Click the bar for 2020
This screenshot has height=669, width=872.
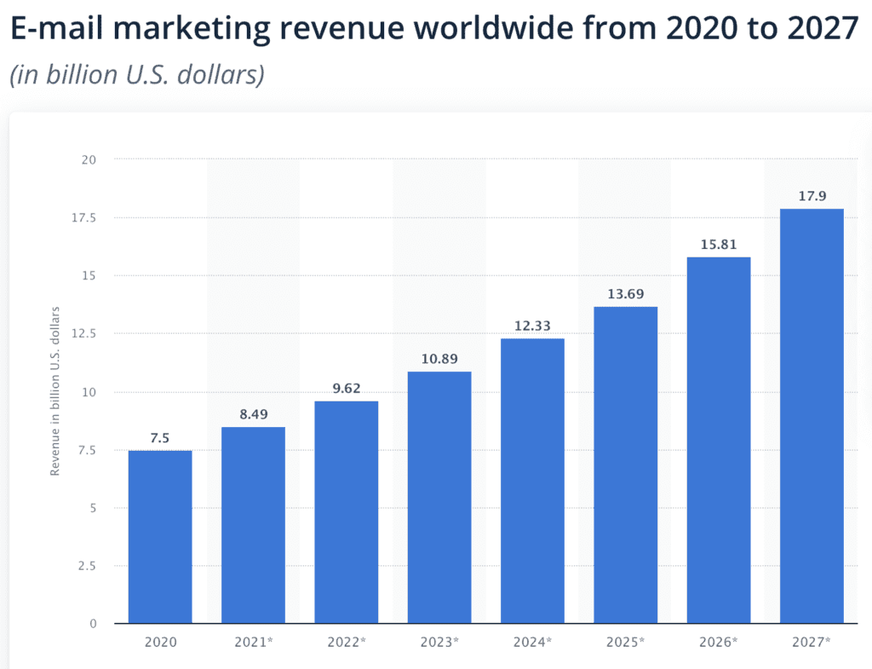coord(160,537)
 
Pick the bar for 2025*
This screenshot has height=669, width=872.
coord(625,464)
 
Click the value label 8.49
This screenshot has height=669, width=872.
coord(253,415)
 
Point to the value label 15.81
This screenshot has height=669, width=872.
coord(719,245)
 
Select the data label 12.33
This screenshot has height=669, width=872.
coord(532,326)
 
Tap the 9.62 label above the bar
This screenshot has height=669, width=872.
coord(346,389)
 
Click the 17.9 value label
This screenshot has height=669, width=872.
coord(812,197)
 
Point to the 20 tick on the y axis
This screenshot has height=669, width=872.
coord(89,159)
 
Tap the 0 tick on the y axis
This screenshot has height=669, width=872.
coord(93,624)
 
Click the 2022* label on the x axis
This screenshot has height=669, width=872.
coord(346,642)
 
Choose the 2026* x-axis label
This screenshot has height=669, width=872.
coord(719,642)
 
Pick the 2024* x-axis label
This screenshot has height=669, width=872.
coord(532,642)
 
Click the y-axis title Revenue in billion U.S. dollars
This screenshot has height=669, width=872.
coord(55,391)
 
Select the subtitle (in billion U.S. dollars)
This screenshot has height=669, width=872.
coord(137,74)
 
